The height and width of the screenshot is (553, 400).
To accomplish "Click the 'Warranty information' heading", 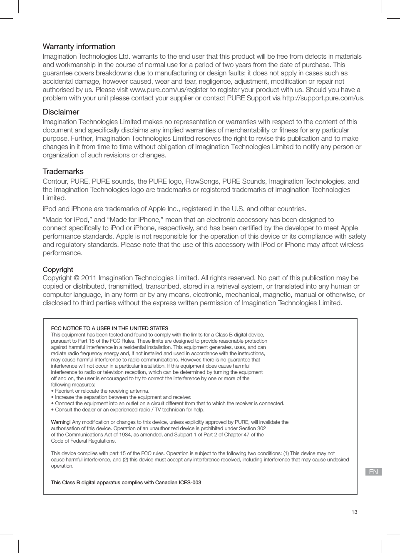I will (x=79, y=47).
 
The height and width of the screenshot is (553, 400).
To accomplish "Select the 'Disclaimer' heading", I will (x=61, y=112).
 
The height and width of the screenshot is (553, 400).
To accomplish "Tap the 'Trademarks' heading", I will (x=63, y=172).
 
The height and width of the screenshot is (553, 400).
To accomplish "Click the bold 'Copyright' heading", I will (x=58, y=269).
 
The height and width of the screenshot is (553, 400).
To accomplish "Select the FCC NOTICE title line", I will (x=109, y=328).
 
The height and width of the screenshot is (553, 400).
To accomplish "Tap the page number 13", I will (x=354, y=512).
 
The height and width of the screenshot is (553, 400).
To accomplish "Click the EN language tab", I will (x=373, y=472).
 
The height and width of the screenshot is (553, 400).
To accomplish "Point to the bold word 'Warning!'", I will (x=61, y=422).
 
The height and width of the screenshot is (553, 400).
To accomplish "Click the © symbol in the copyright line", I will (x=77, y=278).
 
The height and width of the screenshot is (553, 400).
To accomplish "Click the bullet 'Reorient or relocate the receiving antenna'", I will (x=100, y=391).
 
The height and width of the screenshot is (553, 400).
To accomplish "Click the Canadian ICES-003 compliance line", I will (x=126, y=483).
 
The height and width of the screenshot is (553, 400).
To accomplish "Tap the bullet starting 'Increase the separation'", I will (x=121, y=397).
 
